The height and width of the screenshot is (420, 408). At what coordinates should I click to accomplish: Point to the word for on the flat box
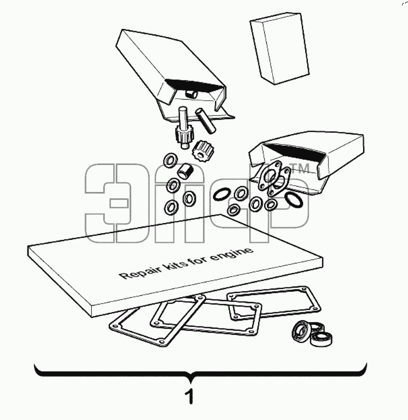(x=199, y=260)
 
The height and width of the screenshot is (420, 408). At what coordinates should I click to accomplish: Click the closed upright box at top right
(x=280, y=48)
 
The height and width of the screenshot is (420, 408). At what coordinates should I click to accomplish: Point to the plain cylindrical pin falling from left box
(x=205, y=120)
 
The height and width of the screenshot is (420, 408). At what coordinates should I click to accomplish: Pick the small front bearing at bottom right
(x=321, y=340)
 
